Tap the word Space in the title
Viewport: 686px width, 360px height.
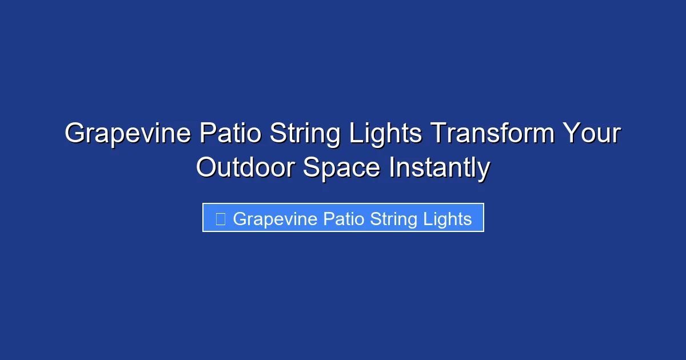pyautogui.click(x=341, y=169)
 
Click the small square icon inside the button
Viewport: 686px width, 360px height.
pyautogui.click(x=220, y=218)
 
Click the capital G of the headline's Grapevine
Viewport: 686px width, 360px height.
pyautogui.click(x=75, y=134)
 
